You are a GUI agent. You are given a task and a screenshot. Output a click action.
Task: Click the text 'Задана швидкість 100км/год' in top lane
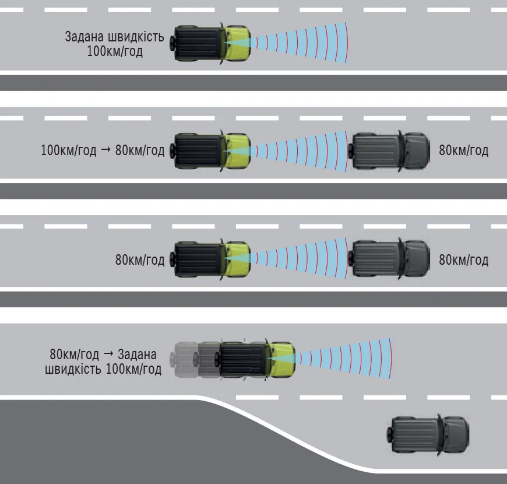[x=114, y=44]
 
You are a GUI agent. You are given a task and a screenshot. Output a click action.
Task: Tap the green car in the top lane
[x=210, y=43]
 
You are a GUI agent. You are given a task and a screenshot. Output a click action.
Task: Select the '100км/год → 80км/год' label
[x=103, y=150]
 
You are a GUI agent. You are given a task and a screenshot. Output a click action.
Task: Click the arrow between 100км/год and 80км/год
[x=105, y=150]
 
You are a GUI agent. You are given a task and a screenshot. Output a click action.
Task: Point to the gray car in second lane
[x=389, y=151]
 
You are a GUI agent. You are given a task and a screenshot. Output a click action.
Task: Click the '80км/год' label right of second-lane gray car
[x=463, y=150]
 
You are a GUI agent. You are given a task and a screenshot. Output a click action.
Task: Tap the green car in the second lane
[x=210, y=151]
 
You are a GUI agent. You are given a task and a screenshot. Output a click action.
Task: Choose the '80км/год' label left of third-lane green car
[x=140, y=260]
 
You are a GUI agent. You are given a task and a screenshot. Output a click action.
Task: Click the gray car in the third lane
[x=389, y=259]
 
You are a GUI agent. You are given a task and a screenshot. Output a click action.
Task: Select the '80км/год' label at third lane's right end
[x=463, y=260]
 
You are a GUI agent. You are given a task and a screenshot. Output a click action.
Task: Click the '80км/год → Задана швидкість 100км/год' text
[x=103, y=362]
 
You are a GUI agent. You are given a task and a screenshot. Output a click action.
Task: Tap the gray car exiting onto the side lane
[x=428, y=434]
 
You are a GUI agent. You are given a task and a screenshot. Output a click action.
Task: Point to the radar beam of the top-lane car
[x=300, y=43]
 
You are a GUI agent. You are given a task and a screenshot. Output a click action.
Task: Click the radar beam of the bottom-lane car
[x=344, y=359]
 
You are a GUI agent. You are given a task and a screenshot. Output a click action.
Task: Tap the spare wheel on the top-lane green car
[x=171, y=43]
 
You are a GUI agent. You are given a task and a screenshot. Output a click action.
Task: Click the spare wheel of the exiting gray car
[x=390, y=434]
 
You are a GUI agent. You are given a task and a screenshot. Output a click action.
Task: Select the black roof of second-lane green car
[x=199, y=151]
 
